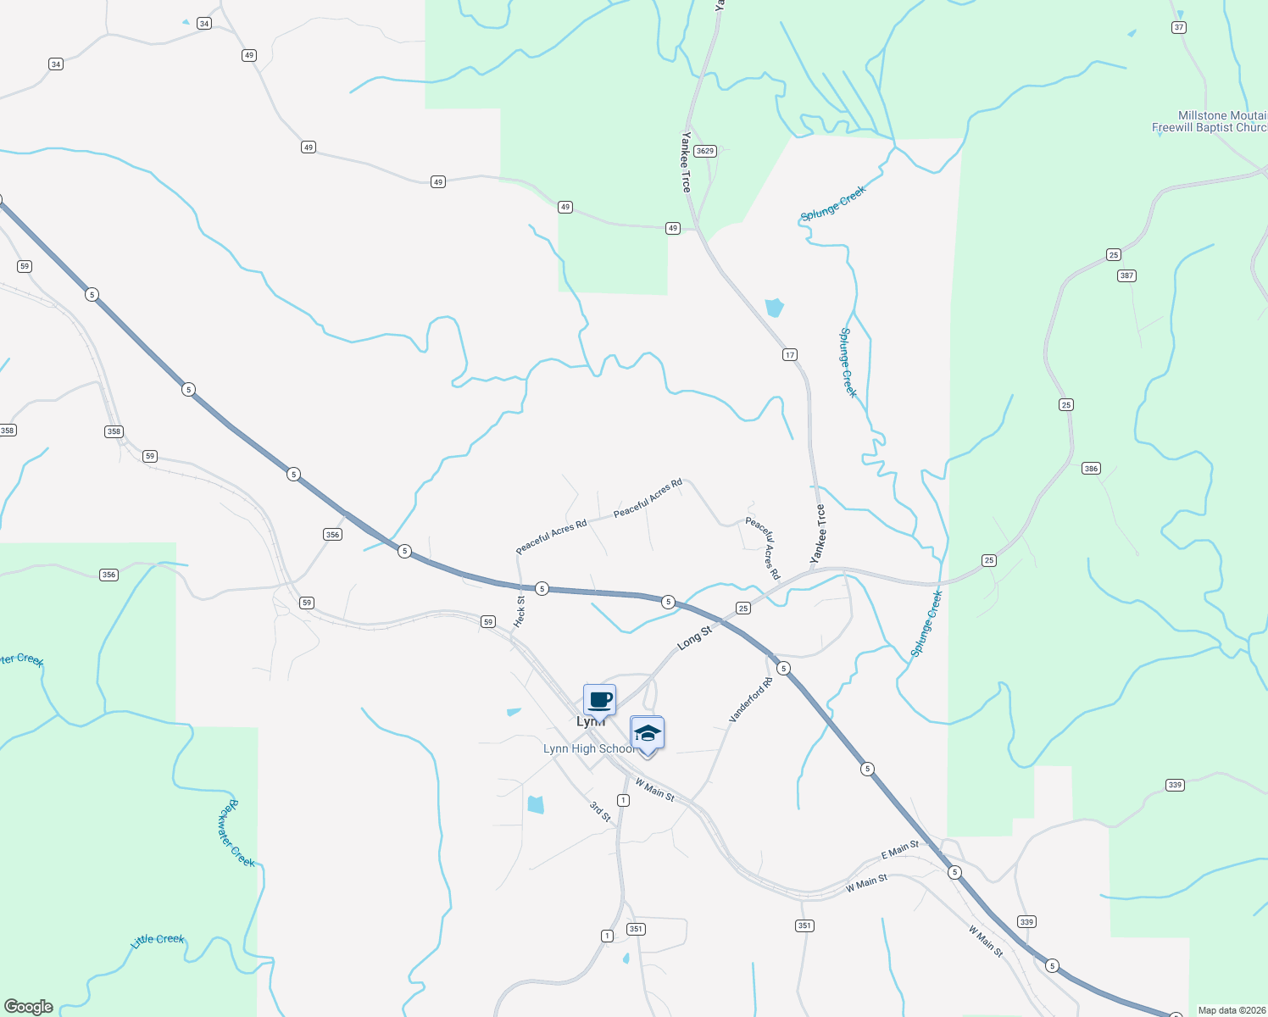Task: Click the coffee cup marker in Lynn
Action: click(600, 701)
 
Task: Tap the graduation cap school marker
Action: click(647, 734)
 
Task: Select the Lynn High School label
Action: click(588, 749)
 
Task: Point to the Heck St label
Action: click(520, 611)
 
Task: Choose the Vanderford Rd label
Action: click(751, 700)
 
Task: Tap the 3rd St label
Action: click(600, 811)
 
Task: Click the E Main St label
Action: click(899, 849)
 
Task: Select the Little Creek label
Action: click(158, 940)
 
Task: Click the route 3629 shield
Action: click(705, 151)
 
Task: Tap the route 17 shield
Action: click(790, 355)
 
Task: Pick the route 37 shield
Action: click(1179, 28)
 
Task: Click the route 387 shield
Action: click(1126, 275)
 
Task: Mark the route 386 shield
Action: click(1091, 469)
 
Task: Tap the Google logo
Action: click(29, 1006)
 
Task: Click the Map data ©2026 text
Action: click(1231, 1010)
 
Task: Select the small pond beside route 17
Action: click(774, 307)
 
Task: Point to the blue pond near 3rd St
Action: click(536, 804)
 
